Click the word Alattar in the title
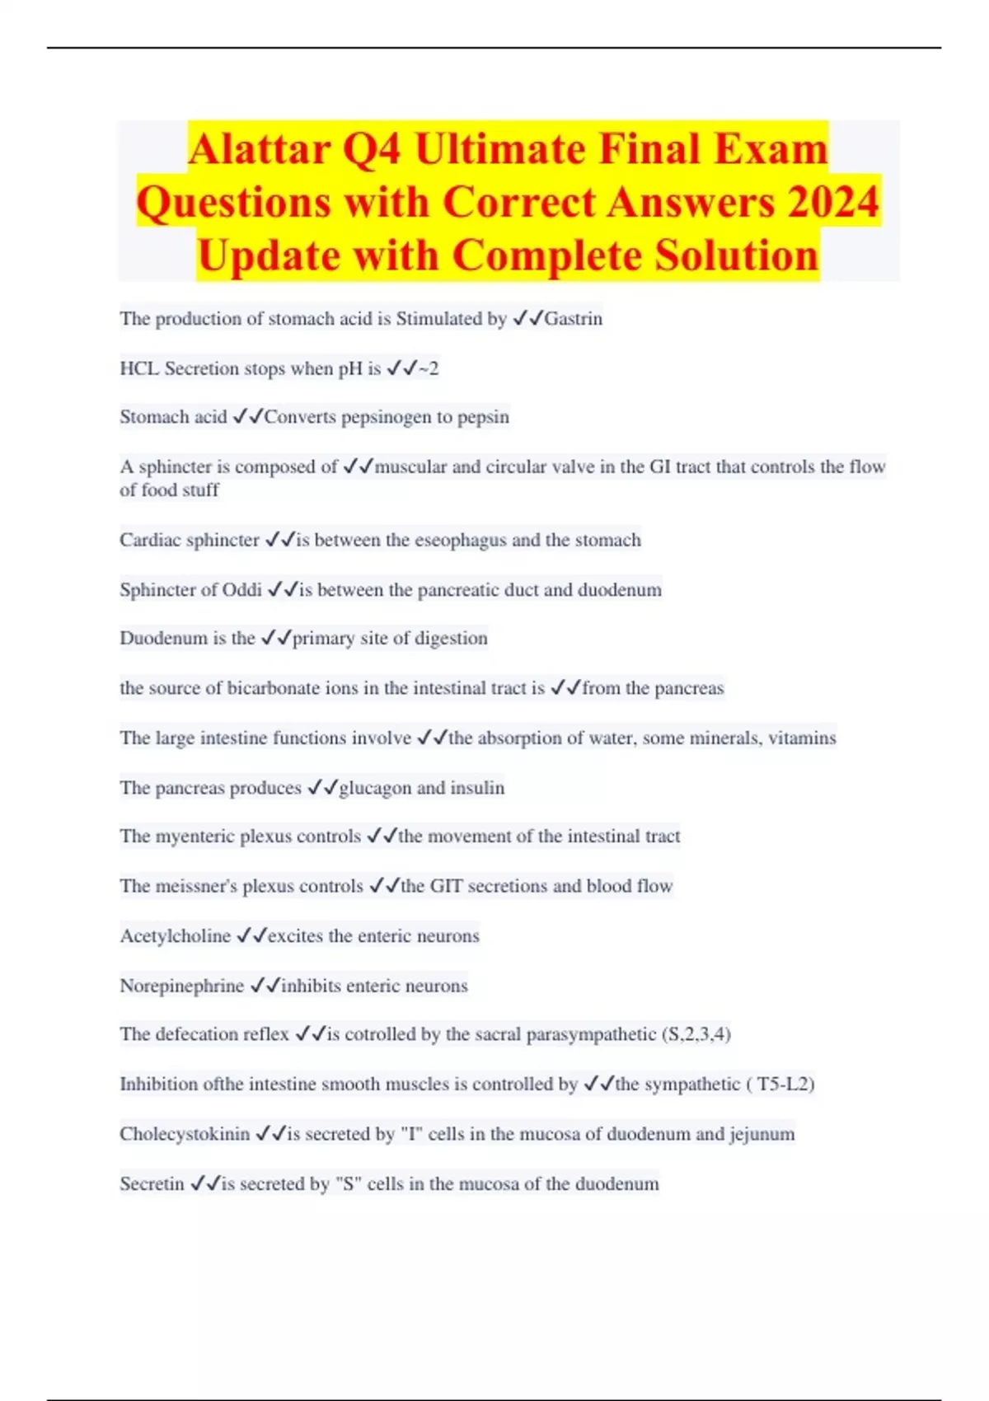click(x=259, y=149)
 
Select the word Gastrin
click(x=573, y=319)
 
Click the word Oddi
click(x=242, y=590)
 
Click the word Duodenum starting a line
click(x=163, y=639)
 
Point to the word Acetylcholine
click(x=175, y=936)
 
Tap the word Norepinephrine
click(x=181, y=986)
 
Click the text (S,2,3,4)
click(x=696, y=1034)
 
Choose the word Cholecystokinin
click(x=185, y=1134)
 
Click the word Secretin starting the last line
click(x=152, y=1184)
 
